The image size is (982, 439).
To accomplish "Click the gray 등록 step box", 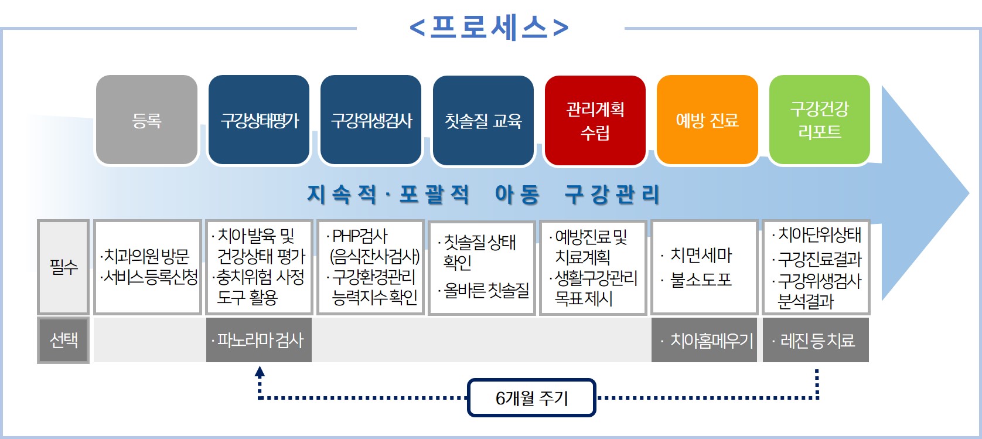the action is coord(146,120).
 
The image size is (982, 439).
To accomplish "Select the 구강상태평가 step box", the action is coord(259,120).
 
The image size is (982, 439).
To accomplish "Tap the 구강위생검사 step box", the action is coord(371,120).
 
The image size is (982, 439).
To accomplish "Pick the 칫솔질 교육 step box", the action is coord(483,120).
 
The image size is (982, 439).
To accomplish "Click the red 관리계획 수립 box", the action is coord(595,120).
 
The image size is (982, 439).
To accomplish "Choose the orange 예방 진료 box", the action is coord(707,120).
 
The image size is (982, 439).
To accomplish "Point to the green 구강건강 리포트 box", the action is coord(819,120).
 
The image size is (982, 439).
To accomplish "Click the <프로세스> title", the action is coord(489,27).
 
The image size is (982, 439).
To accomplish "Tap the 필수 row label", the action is coord(63,267).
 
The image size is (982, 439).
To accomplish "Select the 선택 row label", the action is coord(63,340).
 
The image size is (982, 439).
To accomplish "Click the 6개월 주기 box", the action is coord(531,398).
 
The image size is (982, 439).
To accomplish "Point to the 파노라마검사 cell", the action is coord(259,340).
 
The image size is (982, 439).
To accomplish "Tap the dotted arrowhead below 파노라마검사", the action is coord(260,371).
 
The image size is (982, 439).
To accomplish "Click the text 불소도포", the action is coord(701,280).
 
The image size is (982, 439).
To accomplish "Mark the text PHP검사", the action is coord(360,236).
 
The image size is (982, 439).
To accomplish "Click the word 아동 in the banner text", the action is coord(517,195).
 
